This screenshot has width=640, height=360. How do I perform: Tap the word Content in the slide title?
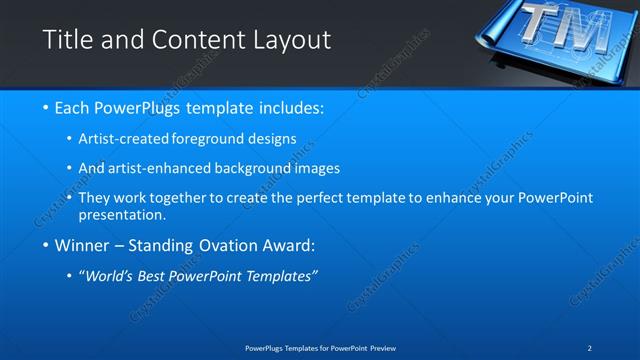pyautogui.click(x=194, y=40)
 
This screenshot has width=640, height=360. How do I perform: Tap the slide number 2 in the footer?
pyautogui.click(x=590, y=347)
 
